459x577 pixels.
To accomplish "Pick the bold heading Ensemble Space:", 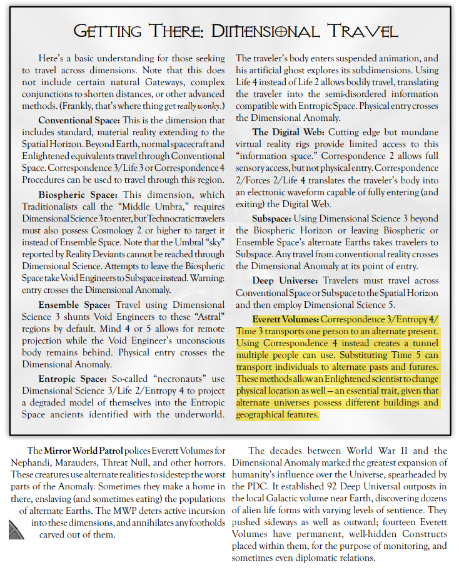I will click(74, 305).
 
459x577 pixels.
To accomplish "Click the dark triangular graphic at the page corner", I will click(17, 529).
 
